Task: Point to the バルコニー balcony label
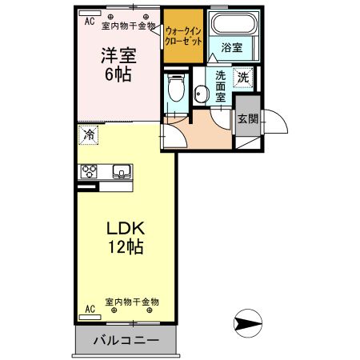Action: click(x=126, y=339)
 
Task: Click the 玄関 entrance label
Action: click(x=247, y=119)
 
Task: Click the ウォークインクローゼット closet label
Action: click(x=182, y=35)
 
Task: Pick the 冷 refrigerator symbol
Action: click(x=89, y=135)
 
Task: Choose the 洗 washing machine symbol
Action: click(x=243, y=78)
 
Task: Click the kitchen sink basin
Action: click(x=122, y=170)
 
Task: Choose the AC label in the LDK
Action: click(x=89, y=308)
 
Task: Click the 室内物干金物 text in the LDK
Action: click(x=132, y=302)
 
